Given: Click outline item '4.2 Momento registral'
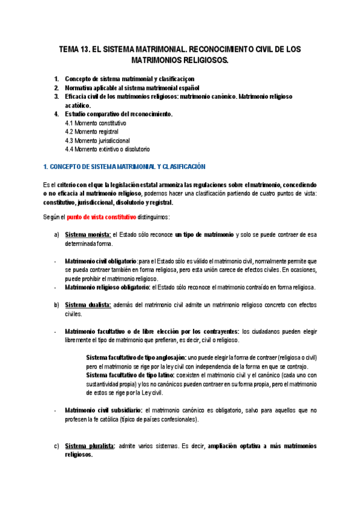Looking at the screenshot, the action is [x=91, y=131].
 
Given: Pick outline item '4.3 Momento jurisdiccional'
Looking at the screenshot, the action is [x=97, y=140].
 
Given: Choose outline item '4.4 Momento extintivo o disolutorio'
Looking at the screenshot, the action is [x=108, y=149].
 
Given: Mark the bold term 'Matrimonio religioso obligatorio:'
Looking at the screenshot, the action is [x=108, y=287].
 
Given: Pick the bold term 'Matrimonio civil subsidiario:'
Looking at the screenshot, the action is [x=103, y=410].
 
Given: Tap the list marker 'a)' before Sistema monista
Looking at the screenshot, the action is [x=56, y=235].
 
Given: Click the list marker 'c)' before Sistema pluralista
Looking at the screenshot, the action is [x=56, y=446].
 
